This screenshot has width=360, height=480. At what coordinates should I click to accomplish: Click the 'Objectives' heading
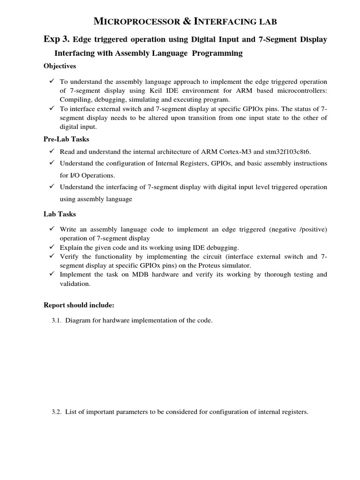click(60, 66)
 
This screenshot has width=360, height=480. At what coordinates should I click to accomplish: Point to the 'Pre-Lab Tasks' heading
click(66, 139)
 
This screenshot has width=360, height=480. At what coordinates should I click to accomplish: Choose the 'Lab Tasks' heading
click(60, 214)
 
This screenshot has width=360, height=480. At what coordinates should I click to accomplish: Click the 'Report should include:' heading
click(79, 305)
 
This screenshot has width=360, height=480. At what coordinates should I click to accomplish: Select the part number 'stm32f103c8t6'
click(288, 151)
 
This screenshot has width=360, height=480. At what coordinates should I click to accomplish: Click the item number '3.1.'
click(57, 321)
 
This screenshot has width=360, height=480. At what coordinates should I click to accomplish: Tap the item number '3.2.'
click(57, 412)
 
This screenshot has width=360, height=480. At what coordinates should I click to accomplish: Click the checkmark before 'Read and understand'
click(52, 151)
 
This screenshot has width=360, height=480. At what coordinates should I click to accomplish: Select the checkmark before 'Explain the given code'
click(52, 247)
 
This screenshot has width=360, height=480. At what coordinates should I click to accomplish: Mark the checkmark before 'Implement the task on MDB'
click(52, 274)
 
